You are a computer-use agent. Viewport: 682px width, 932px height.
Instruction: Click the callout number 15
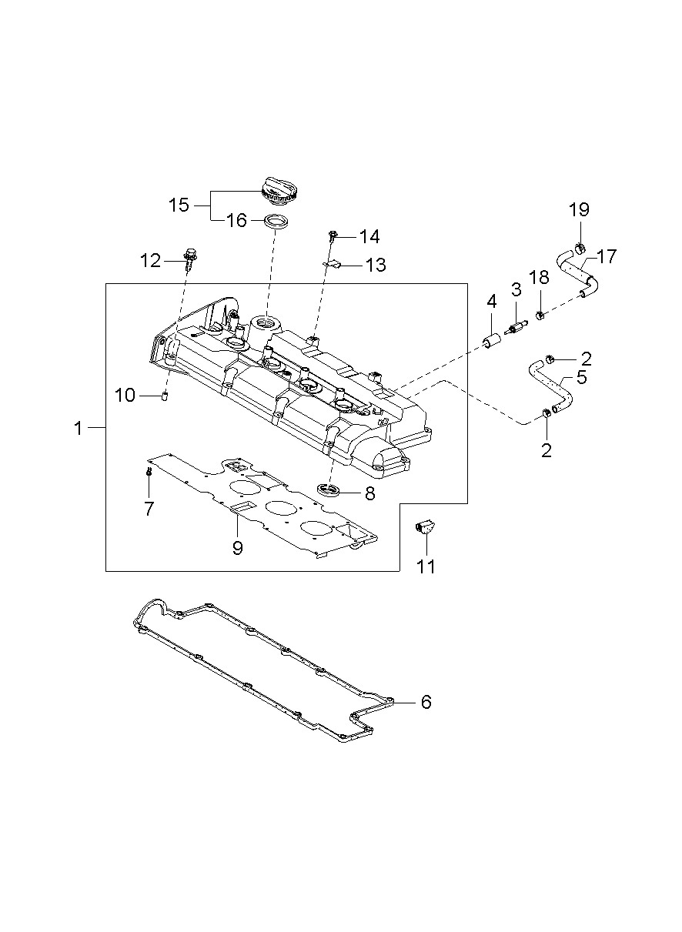point(179,205)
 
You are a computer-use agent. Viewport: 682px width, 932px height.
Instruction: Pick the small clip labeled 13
point(330,264)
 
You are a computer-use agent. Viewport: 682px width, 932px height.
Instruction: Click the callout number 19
point(579,210)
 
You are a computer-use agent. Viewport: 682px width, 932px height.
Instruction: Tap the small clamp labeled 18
point(540,314)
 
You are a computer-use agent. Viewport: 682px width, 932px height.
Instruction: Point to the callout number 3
point(517,289)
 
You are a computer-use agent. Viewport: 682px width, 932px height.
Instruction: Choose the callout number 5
point(582,378)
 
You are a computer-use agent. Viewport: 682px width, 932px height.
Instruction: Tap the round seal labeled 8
point(329,489)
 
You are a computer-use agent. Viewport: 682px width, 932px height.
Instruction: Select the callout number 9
point(238,547)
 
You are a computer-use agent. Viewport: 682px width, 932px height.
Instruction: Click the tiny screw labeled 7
point(148,472)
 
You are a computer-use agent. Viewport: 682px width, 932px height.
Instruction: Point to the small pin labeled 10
point(165,396)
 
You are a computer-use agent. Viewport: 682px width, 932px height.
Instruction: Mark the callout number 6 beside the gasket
point(426,702)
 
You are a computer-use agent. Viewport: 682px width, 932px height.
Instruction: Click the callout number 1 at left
point(78,429)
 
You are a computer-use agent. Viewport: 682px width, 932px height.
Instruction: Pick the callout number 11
point(426,566)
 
